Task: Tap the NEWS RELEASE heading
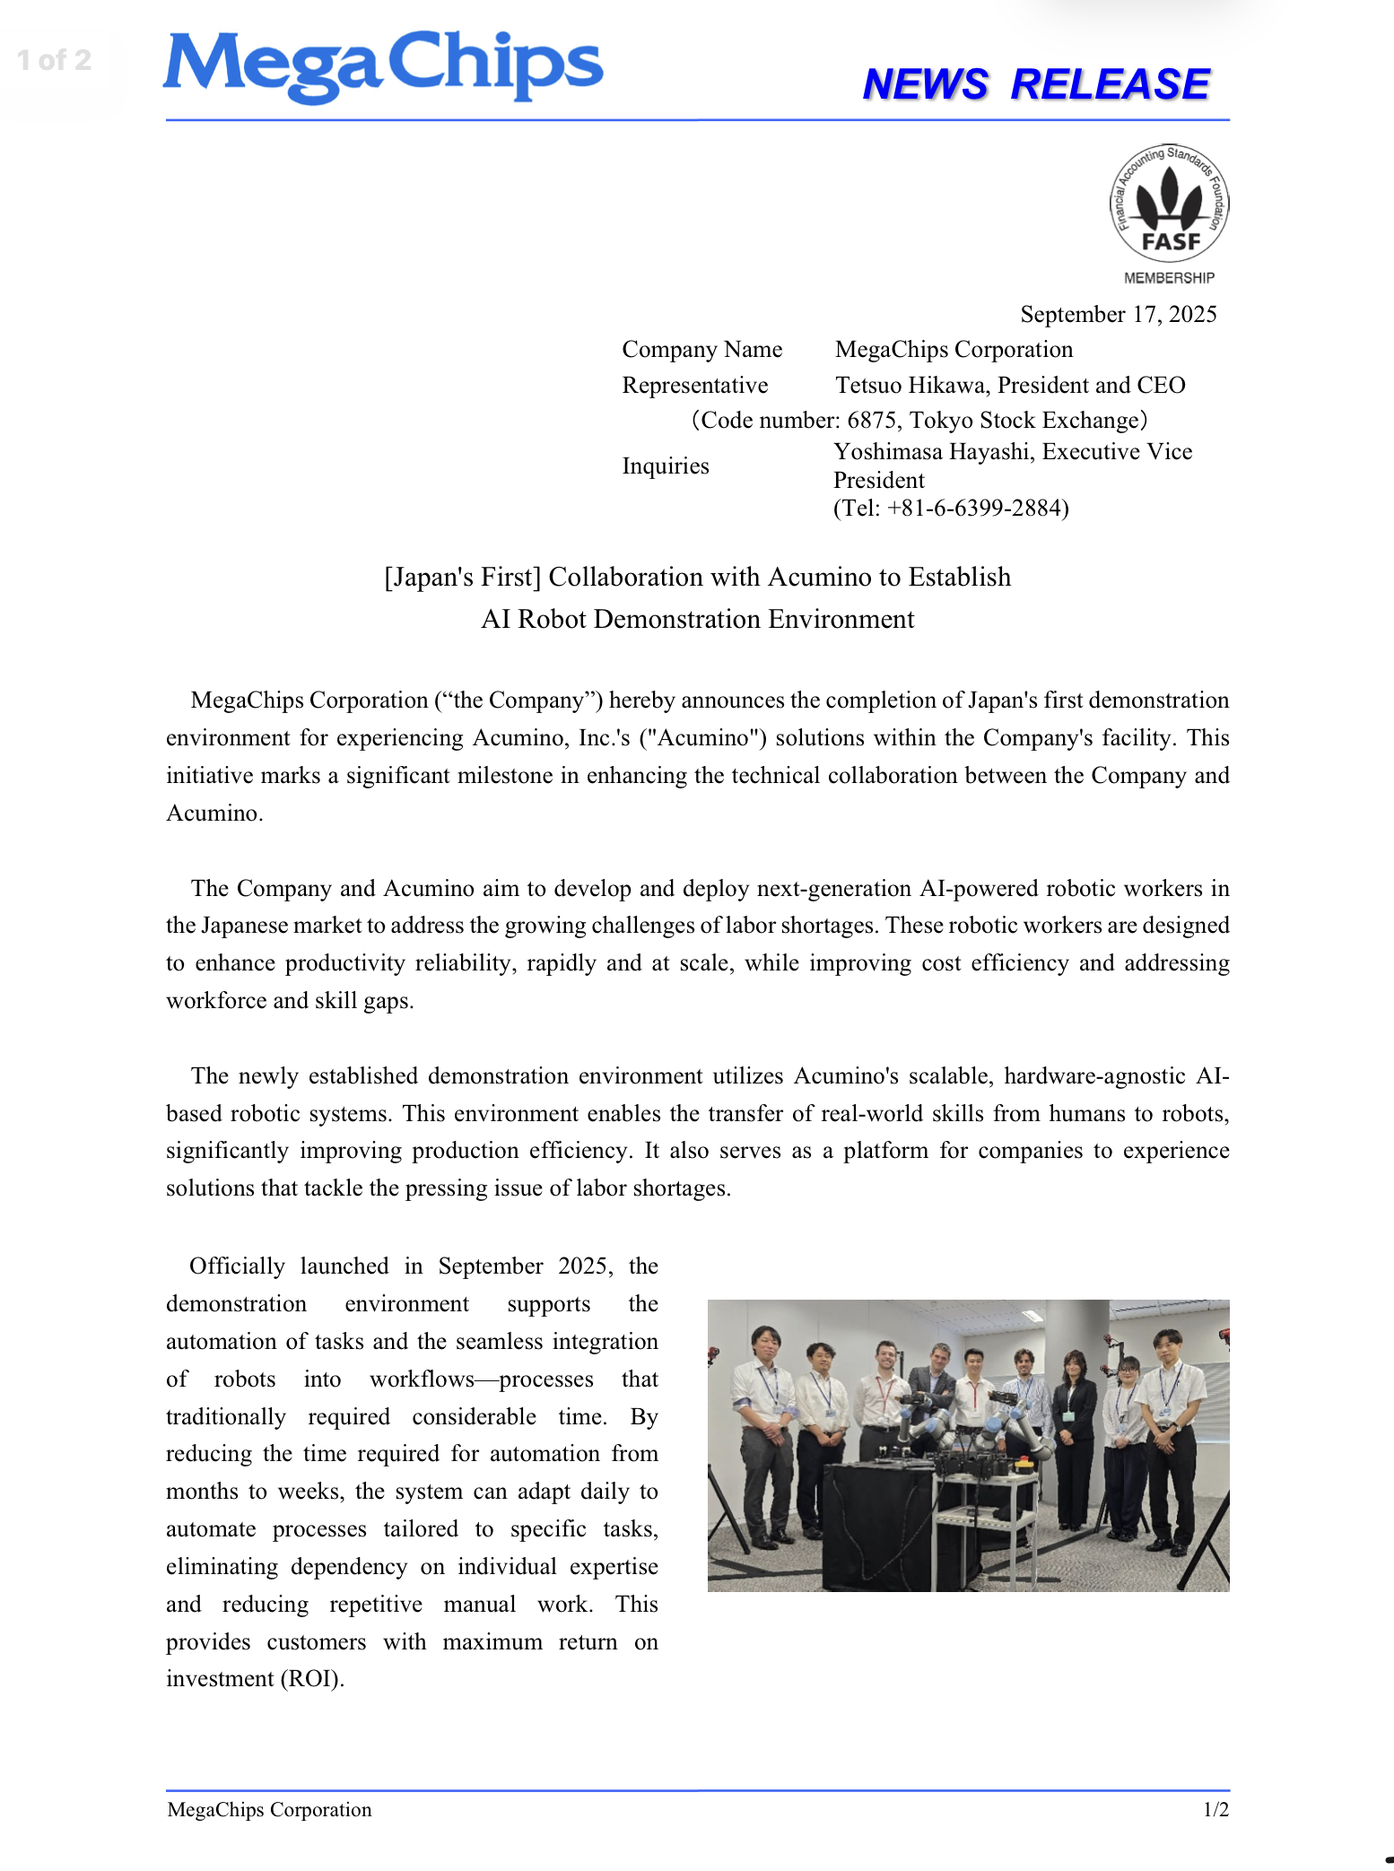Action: tap(1036, 84)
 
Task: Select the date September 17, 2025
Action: tap(1118, 314)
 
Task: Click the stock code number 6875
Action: tap(871, 420)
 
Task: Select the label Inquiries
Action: tap(665, 466)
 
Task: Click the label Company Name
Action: tap(701, 349)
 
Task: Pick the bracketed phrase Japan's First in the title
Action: tap(462, 577)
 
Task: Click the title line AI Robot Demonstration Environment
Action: tap(697, 619)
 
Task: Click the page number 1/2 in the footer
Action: tap(1215, 1809)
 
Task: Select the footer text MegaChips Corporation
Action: tap(269, 1809)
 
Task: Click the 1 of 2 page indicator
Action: tap(55, 60)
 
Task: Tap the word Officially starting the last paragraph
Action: tap(237, 1266)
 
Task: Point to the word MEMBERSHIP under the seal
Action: tap(1169, 278)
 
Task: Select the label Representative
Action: tap(694, 385)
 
